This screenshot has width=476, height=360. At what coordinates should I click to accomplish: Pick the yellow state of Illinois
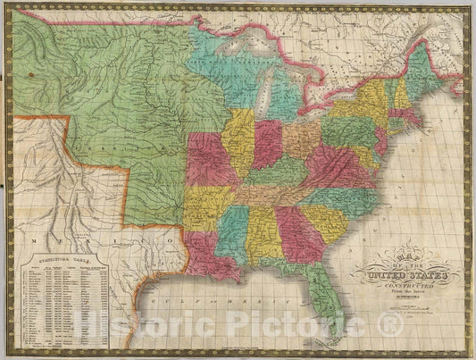coord(238,143)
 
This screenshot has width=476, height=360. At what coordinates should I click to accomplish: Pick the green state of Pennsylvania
coord(347,131)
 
